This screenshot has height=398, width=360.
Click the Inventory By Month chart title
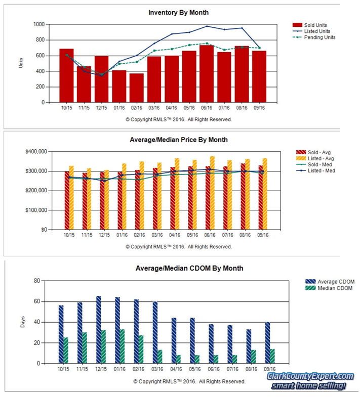(178, 12)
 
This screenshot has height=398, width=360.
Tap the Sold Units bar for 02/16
(136, 87)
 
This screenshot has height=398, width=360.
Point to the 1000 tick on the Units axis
(38, 24)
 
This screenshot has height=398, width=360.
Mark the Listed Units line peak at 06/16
(207, 26)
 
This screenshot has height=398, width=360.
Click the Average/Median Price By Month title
(178, 140)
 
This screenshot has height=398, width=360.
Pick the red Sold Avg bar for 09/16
(261, 197)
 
